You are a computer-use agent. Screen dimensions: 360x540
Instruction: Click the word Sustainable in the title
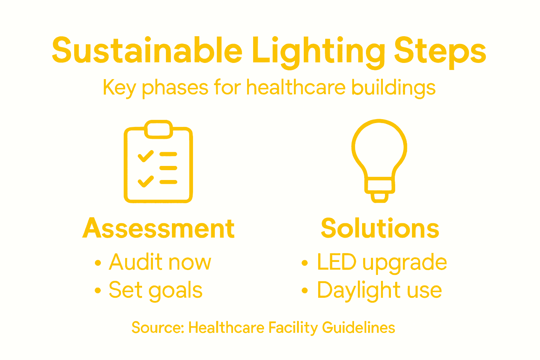pos(147,50)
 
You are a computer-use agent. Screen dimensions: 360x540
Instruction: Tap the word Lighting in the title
pos(318,51)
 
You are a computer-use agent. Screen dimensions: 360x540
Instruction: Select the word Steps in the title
pos(440,51)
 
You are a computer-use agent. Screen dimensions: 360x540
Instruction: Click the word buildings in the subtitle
pos(393,88)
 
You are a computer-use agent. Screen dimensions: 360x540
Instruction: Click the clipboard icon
pos(158,162)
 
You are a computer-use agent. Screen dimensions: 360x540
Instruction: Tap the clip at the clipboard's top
pos(159,129)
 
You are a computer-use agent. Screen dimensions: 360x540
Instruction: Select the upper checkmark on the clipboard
pos(146,156)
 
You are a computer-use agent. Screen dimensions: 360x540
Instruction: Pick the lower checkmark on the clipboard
pos(146,181)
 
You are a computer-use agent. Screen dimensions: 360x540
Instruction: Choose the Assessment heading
pos(159,229)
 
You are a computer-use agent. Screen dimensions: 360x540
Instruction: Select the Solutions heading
pos(380,229)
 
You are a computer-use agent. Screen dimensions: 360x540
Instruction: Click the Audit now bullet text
pos(160,262)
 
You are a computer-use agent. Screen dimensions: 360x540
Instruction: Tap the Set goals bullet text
pos(155,290)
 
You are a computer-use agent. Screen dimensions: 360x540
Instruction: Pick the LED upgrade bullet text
pos(382,262)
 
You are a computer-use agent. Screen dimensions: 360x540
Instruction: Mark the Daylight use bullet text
pos(379,290)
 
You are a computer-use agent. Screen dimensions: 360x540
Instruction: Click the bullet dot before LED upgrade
pos(305,263)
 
